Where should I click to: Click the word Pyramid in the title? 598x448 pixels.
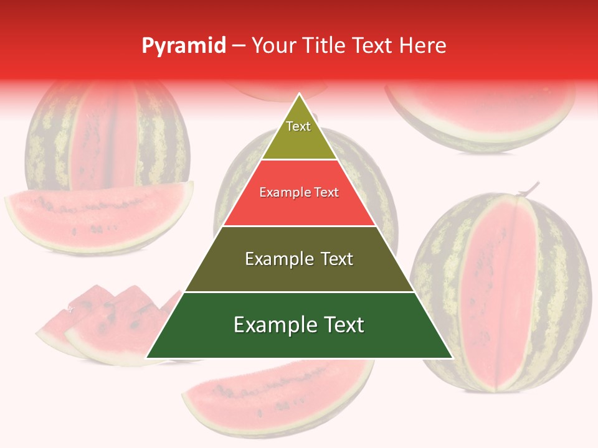click(x=184, y=45)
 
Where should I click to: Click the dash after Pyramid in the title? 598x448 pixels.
click(x=239, y=46)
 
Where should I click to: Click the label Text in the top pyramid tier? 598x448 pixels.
click(x=298, y=126)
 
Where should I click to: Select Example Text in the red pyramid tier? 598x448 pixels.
click(x=299, y=192)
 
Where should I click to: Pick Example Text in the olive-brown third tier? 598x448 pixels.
click(x=299, y=259)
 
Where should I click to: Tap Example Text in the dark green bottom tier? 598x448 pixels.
click(x=299, y=325)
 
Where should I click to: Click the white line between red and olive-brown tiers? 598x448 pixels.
click(x=299, y=226)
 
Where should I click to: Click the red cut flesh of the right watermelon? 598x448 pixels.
click(x=501, y=292)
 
